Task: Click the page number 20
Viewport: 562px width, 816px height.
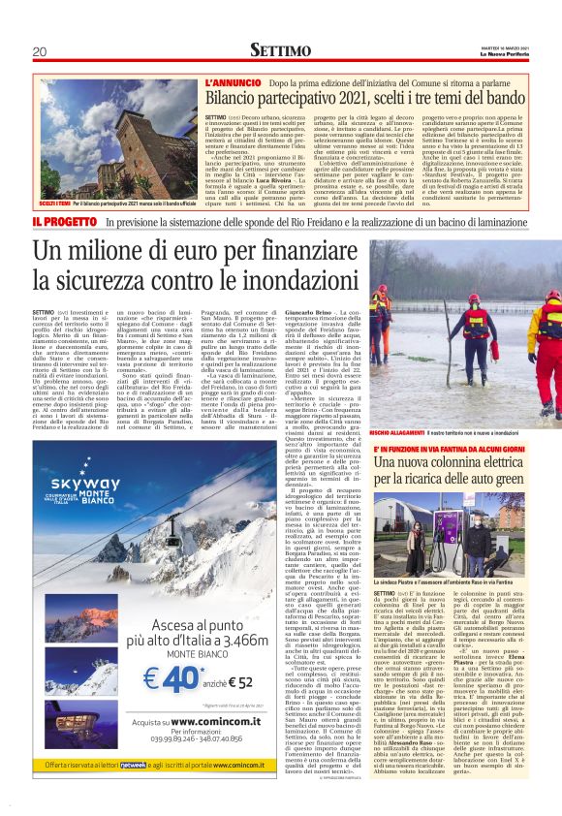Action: tap(40, 51)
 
